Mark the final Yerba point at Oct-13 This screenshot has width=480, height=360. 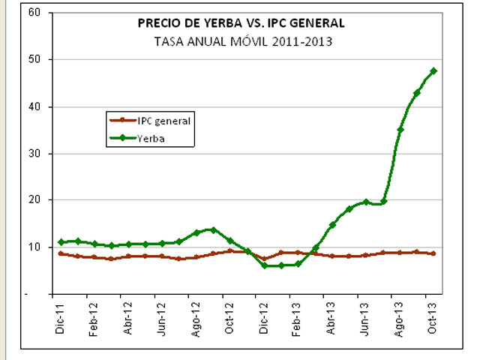click(x=433, y=71)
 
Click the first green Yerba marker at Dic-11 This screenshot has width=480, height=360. click(x=61, y=242)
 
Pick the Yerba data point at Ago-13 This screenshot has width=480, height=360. click(x=400, y=130)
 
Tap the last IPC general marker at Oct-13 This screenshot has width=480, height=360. click(x=433, y=253)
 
